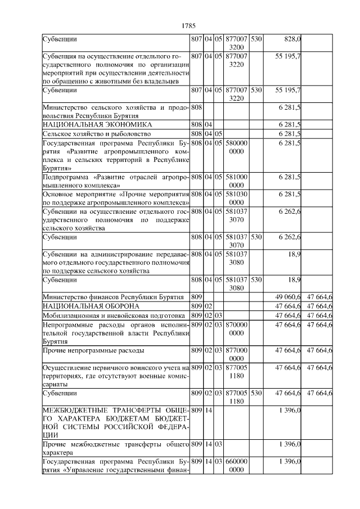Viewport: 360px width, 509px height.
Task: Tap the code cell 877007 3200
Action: pyautogui.click(x=236, y=44)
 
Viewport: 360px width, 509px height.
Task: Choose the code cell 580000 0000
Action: pyautogui.click(x=236, y=147)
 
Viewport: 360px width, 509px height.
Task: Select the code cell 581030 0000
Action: pyautogui.click(x=236, y=198)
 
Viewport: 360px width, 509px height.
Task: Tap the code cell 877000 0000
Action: pyautogui.click(x=236, y=354)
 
